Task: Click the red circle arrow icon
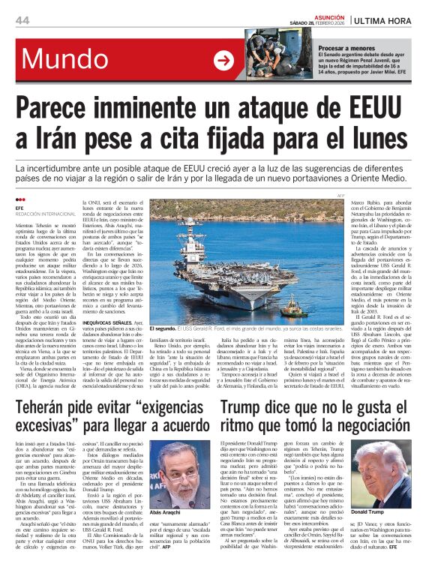[223, 60]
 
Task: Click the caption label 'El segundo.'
[163, 328]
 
